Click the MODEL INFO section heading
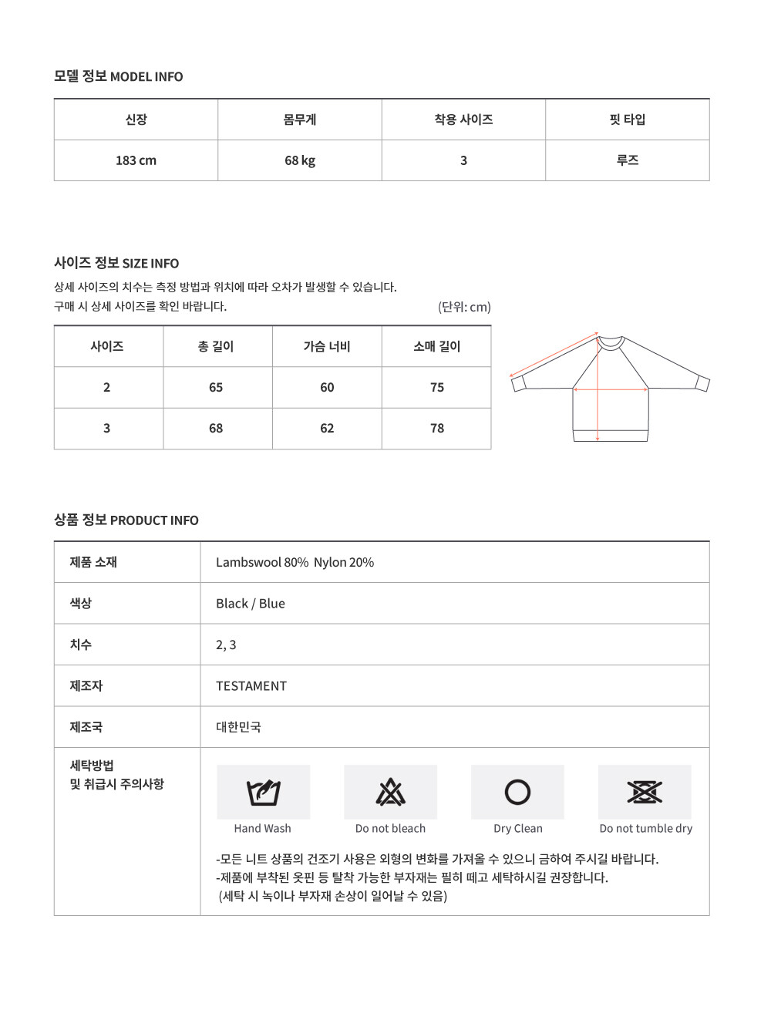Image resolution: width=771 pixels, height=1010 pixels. pyautogui.click(x=118, y=76)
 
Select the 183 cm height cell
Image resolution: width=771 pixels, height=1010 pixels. pyautogui.click(x=136, y=160)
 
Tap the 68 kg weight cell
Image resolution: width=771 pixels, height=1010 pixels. pyautogui.click(x=300, y=160)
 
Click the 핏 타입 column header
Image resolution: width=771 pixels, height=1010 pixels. pyautogui.click(x=627, y=120)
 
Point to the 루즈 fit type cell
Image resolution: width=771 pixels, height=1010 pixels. pyautogui.click(x=627, y=160)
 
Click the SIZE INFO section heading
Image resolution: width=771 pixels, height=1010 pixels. pyautogui.click(x=116, y=263)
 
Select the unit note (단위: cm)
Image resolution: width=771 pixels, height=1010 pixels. pyautogui.click(x=464, y=307)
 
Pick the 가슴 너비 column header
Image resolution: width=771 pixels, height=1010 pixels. pyautogui.click(x=327, y=346)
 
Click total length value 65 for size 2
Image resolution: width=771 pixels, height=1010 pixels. pyautogui.click(x=216, y=387)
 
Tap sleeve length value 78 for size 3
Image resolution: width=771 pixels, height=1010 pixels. pyautogui.click(x=437, y=428)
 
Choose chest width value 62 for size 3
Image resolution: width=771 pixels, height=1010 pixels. pyautogui.click(x=327, y=428)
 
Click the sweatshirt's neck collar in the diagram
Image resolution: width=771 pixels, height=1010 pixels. pyautogui.click(x=611, y=342)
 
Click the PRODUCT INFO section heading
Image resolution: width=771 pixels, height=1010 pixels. pyautogui.click(x=126, y=520)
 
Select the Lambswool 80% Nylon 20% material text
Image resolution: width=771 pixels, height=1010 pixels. pyautogui.click(x=295, y=562)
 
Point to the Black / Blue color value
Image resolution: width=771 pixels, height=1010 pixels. pyautogui.click(x=251, y=604)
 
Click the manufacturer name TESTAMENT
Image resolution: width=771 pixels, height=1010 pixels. pyautogui.click(x=251, y=686)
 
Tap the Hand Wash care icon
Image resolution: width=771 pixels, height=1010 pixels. pyautogui.click(x=263, y=793)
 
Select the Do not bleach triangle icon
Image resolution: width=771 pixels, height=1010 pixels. pyautogui.click(x=390, y=793)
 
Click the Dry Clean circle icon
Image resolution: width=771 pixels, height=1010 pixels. pyautogui.click(x=517, y=793)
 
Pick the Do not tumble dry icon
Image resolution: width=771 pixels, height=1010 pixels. pyautogui.click(x=645, y=793)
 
